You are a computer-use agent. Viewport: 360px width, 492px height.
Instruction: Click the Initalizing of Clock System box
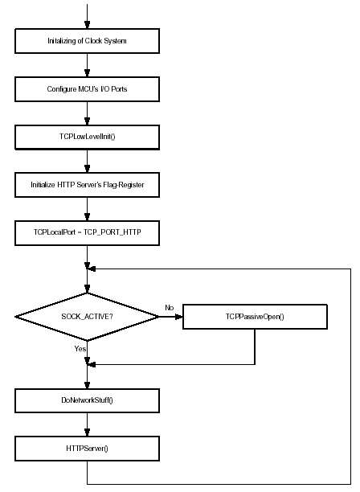[x=87, y=41]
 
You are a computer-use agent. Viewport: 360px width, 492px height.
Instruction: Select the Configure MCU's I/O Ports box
[x=87, y=89]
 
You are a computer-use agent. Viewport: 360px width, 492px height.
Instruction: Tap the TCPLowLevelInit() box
[x=87, y=137]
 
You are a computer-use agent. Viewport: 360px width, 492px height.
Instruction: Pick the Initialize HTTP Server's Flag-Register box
[x=87, y=185]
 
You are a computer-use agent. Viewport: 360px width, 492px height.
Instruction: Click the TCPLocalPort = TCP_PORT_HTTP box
[x=87, y=233]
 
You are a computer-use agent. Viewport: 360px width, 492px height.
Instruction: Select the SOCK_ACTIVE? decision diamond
[x=87, y=317]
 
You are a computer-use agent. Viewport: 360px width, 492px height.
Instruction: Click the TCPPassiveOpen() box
[x=255, y=317]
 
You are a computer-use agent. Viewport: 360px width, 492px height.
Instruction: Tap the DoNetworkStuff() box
[x=87, y=400]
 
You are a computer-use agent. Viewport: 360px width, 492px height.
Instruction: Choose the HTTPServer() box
[x=87, y=449]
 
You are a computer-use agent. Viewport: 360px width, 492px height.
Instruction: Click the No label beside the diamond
[x=170, y=308]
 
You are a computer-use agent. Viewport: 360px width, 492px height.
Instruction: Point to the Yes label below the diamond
[x=80, y=349]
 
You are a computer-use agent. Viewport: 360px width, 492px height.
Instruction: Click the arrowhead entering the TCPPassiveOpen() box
[x=178, y=317]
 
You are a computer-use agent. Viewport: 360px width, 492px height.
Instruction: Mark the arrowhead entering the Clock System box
[x=87, y=25]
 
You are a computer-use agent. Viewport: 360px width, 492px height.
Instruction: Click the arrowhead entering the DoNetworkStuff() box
[x=87, y=385]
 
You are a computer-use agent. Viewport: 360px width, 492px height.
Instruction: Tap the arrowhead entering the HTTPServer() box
[x=87, y=433]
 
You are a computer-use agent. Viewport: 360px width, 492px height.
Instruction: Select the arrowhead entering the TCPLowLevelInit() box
[x=87, y=121]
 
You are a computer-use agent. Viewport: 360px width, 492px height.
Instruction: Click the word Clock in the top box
[x=93, y=41]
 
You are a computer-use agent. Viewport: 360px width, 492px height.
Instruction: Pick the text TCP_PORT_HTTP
[x=112, y=232]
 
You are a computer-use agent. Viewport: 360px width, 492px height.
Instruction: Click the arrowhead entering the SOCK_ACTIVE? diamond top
[x=87, y=289]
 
